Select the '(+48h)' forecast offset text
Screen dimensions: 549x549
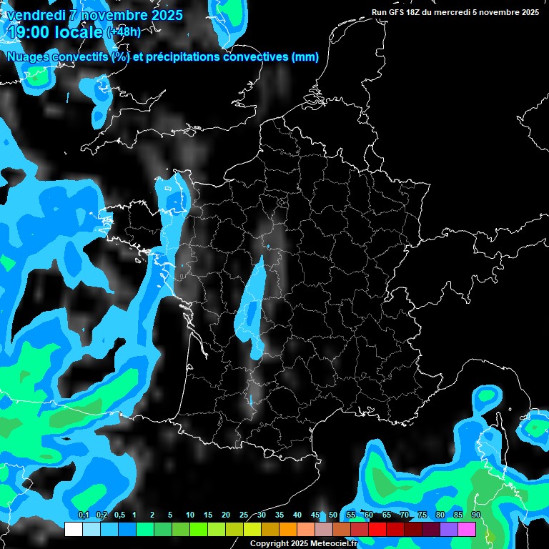click(124, 32)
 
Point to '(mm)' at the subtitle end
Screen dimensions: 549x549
click(305, 57)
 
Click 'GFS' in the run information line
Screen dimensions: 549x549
click(395, 12)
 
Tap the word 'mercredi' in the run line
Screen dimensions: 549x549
click(451, 12)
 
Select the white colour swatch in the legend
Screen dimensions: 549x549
click(74, 529)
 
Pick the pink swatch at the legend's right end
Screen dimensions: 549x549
click(467, 529)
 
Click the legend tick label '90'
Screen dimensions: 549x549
click(476, 515)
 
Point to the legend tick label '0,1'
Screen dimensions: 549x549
click(83, 515)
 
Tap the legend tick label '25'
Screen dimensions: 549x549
click(244, 515)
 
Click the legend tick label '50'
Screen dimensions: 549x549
click(333, 515)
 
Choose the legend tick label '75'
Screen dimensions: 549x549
click(422, 515)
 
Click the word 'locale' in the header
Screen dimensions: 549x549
click(77, 32)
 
